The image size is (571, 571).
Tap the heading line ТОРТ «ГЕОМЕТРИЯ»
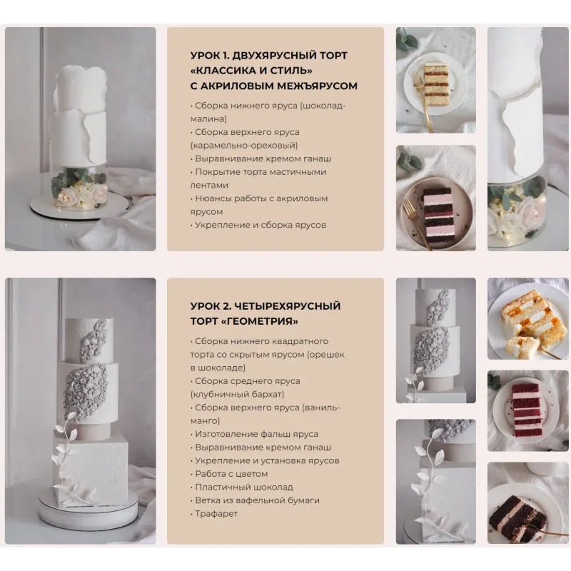coord(244,321)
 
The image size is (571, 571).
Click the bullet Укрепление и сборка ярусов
coord(260,225)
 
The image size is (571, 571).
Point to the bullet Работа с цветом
coord(231,474)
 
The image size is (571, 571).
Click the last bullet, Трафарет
coord(216,513)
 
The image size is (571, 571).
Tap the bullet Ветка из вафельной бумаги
coord(256,500)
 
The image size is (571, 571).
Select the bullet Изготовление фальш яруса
coord(256,434)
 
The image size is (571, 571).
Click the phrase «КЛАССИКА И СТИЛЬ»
coord(252,71)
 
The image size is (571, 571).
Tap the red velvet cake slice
coord(527,409)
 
